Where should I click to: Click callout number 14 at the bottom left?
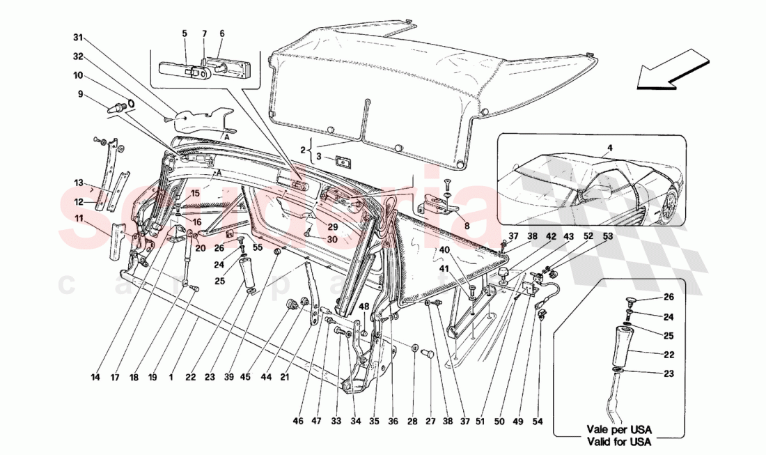pyautogui.click(x=95, y=378)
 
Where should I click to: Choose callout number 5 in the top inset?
pyautogui.click(x=185, y=33)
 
